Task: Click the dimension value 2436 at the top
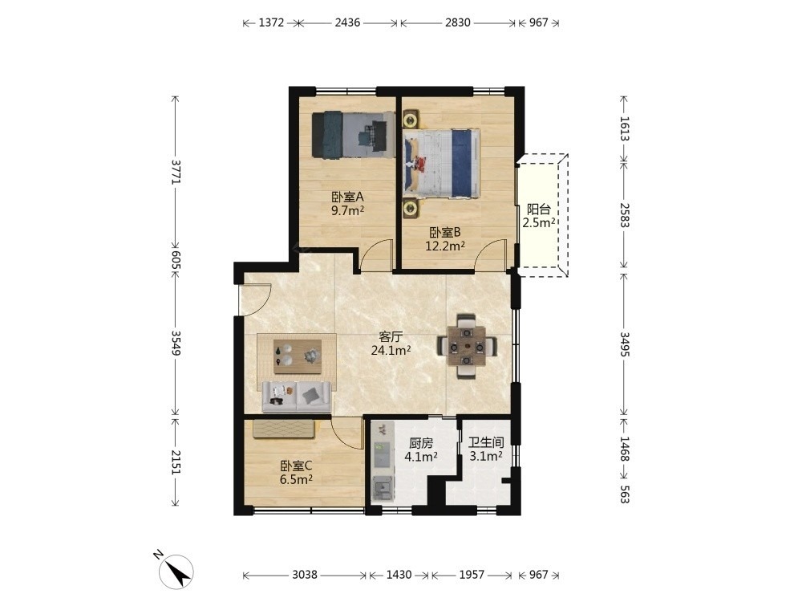[347, 22]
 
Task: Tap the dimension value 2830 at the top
[457, 22]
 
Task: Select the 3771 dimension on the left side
[176, 172]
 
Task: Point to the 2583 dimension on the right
[624, 215]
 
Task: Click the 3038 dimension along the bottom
[305, 575]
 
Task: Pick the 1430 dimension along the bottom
[399, 575]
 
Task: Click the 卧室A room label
[347, 197]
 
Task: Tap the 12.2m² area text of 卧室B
[445, 246]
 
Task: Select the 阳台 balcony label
[539, 209]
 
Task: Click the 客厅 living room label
[391, 337]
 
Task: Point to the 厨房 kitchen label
[421, 443]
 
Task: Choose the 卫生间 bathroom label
[486, 443]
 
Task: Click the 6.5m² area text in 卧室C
[296, 480]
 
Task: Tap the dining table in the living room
[467, 347]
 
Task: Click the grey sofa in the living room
[297, 397]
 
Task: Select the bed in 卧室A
[353, 135]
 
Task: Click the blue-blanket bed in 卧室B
[441, 163]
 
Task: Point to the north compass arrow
[176, 571]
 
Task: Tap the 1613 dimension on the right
[624, 128]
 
